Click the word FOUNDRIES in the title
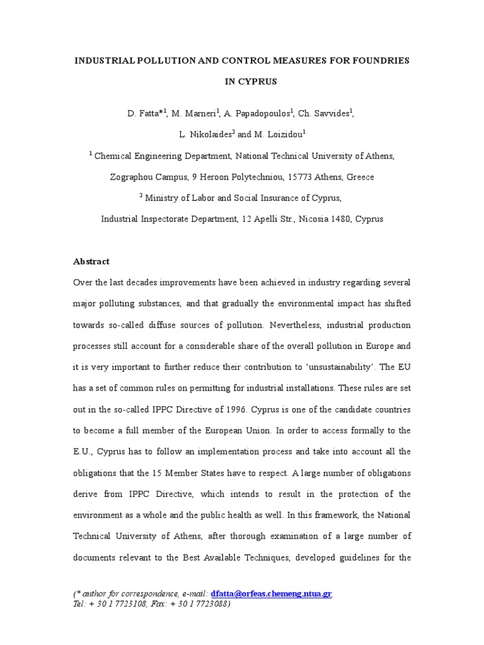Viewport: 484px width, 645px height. pos(377,60)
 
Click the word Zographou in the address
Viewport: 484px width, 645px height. pos(134,177)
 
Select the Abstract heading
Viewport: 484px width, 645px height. pos(91,261)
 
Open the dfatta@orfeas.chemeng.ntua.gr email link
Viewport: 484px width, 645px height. pos(271,594)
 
